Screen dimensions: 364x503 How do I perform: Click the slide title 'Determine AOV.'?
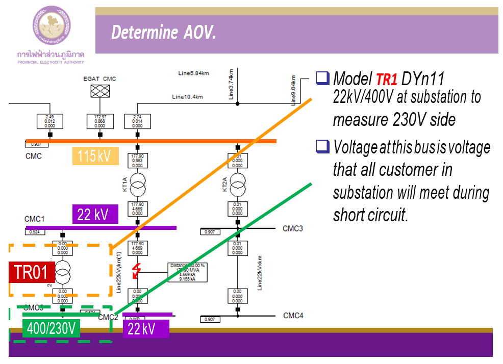click(x=164, y=33)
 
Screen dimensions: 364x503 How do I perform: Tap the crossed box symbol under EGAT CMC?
click(x=99, y=91)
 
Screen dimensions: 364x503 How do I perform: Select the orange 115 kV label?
click(x=95, y=156)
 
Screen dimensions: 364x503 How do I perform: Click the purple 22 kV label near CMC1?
click(x=95, y=214)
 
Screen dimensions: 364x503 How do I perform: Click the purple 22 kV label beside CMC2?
click(x=146, y=329)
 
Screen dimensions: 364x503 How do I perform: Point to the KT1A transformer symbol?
click(x=136, y=183)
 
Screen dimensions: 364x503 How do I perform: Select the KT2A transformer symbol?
click(x=238, y=183)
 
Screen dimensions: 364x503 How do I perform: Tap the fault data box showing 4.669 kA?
click(x=187, y=272)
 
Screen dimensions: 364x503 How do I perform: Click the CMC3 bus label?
click(x=293, y=228)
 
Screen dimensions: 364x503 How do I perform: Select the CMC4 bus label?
click(x=293, y=316)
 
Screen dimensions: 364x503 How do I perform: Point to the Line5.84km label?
click(x=192, y=73)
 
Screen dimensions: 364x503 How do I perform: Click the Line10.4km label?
click(x=187, y=97)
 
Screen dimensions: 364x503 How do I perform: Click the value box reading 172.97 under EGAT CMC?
click(x=100, y=121)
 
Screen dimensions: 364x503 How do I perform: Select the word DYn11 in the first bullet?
click(x=423, y=79)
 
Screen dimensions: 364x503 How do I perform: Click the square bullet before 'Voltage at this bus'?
click(x=322, y=147)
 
